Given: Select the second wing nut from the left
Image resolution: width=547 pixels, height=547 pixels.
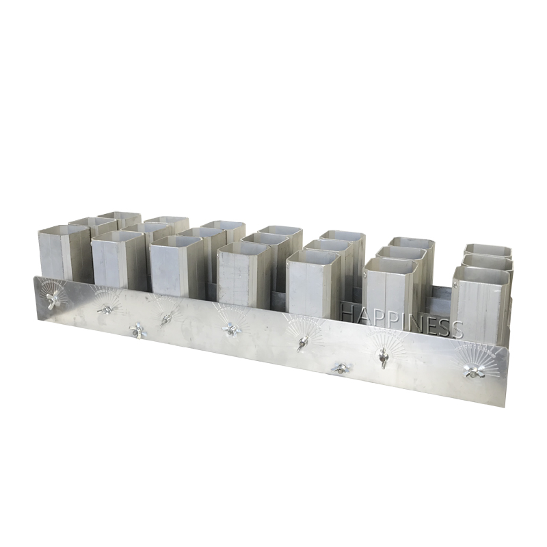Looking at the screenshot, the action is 105,310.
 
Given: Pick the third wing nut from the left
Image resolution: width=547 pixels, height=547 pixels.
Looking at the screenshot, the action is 138,330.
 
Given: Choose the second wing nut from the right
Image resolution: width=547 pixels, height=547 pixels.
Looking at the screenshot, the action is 383,356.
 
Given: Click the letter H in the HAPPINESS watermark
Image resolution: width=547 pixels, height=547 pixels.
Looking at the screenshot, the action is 347,312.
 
